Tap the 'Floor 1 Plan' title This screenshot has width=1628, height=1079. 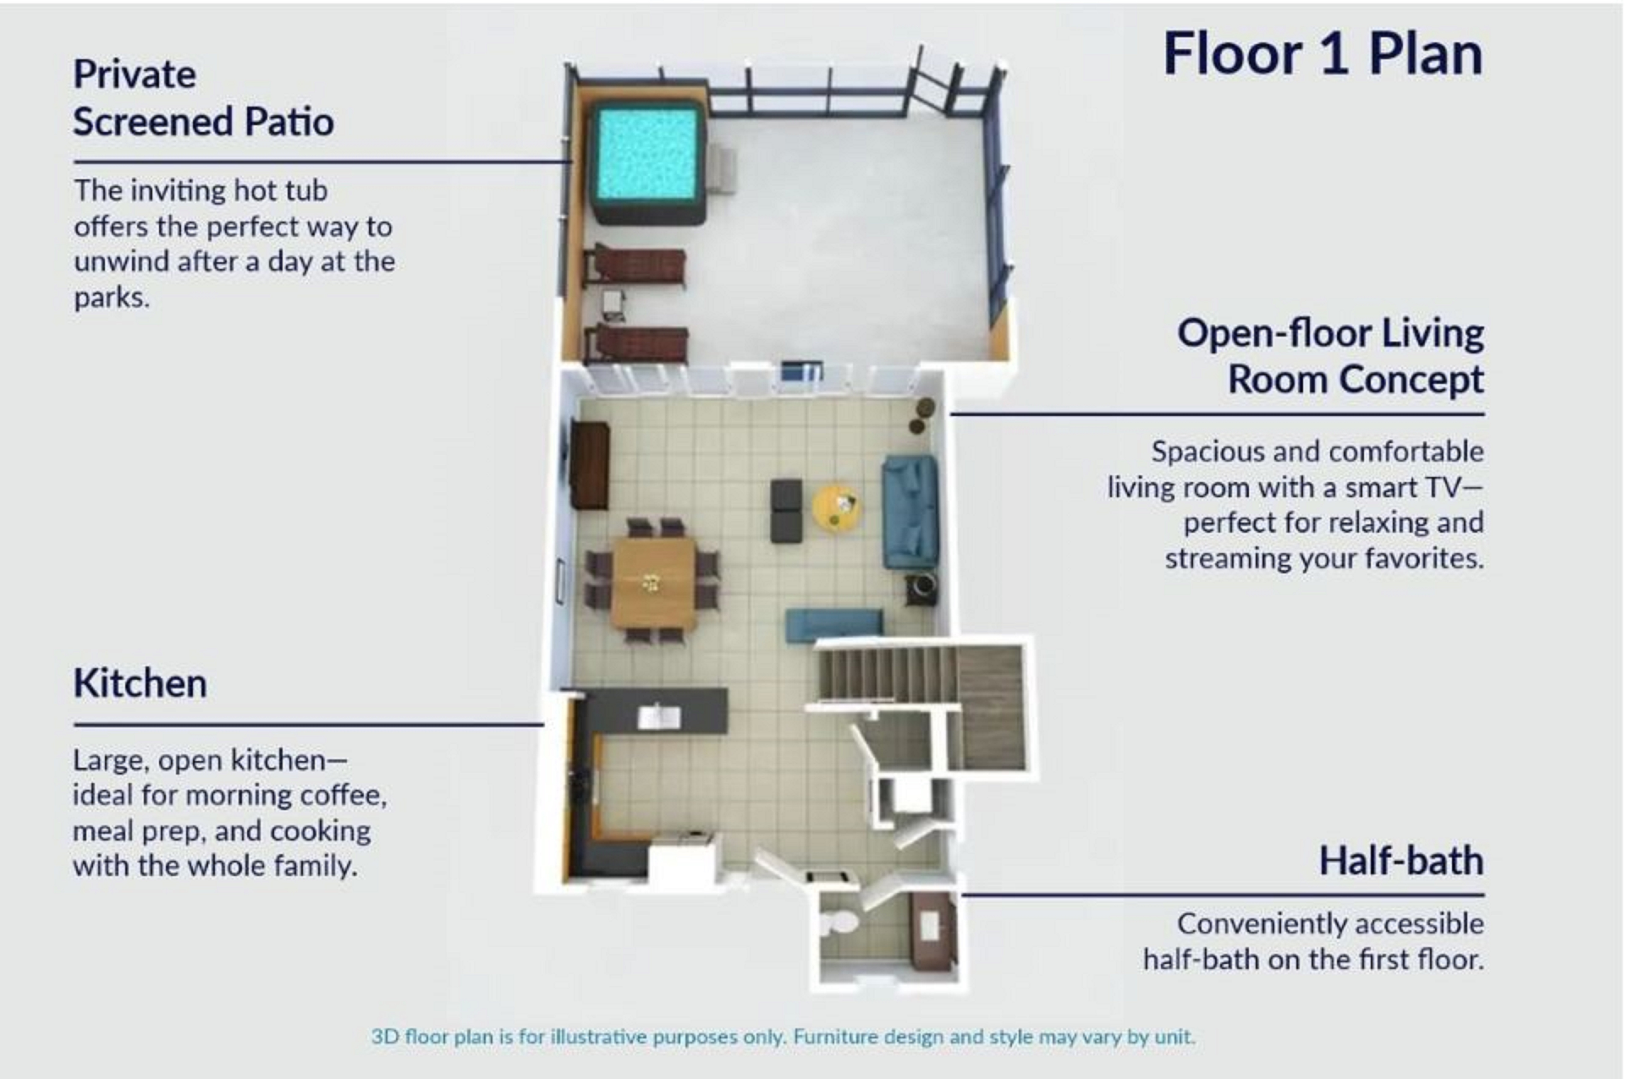[1322, 55]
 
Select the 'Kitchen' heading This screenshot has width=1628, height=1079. [140, 683]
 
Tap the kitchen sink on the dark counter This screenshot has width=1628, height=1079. [659, 717]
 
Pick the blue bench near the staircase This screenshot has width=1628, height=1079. [834, 625]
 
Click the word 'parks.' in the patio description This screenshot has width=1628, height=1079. [112, 298]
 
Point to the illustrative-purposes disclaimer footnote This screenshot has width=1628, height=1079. [783, 1036]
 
